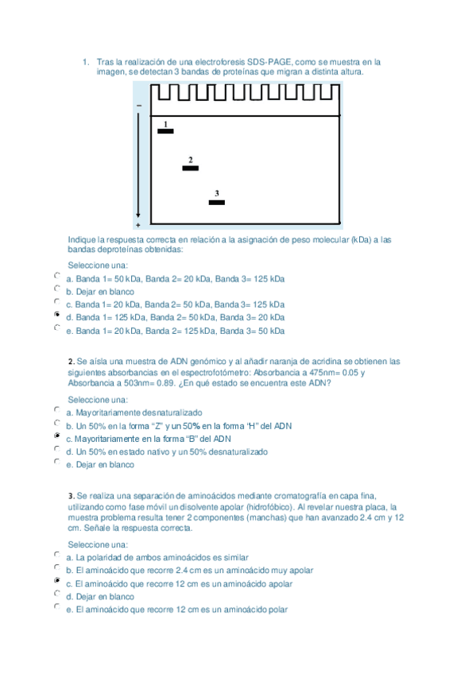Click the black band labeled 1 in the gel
tap(165, 131)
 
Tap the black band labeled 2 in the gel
tap(190, 168)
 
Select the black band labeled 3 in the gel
tap(216, 203)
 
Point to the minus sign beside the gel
tap(139, 106)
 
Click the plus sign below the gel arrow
tap(138, 226)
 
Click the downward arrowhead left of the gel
tap(138, 215)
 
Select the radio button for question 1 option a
tap(56, 276)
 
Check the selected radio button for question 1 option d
tap(56, 315)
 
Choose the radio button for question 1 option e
tap(56, 327)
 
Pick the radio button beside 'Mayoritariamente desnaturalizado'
tap(56, 410)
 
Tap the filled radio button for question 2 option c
tap(56, 436)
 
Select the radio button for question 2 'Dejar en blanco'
tap(56, 462)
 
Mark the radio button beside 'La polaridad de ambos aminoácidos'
tap(56, 555)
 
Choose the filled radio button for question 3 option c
tap(56, 581)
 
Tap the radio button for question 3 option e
tap(56, 606)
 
